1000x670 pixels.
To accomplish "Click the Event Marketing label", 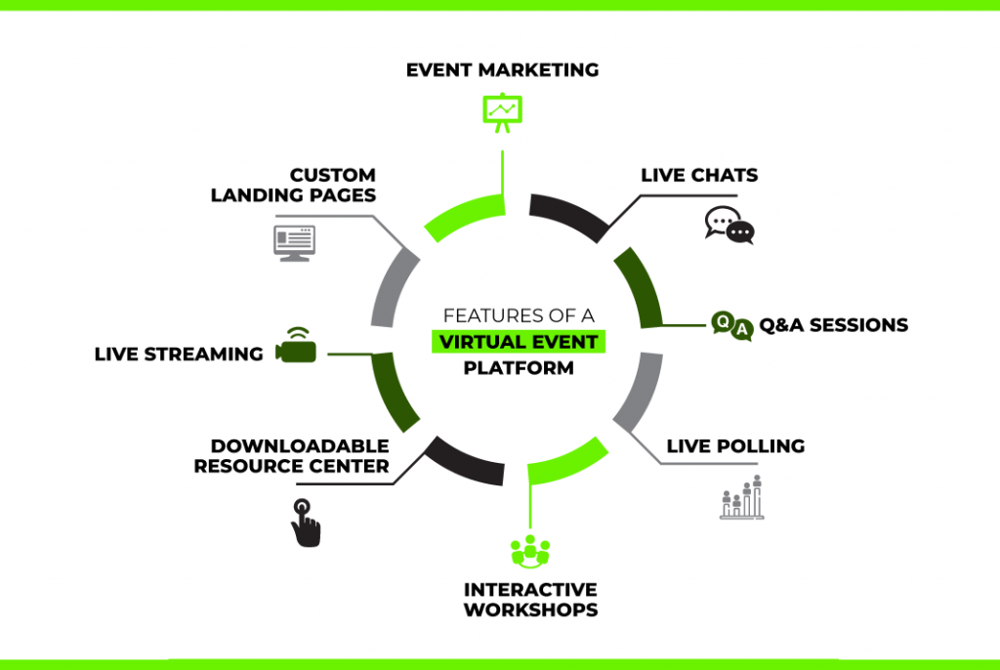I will (502, 69).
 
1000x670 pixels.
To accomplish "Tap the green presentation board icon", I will (503, 111).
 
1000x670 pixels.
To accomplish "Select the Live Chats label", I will (699, 176).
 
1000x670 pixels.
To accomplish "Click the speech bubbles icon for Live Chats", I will (729, 226).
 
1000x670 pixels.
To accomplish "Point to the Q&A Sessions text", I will (833, 325).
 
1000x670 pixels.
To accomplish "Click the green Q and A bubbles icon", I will (732, 325).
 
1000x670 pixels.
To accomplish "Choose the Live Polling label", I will (735, 446).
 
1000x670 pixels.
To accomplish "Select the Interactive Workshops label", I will (530, 600).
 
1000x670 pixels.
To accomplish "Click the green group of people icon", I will (530, 551).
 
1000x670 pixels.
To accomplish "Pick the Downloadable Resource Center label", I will (291, 456).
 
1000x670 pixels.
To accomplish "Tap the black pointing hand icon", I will (306, 523).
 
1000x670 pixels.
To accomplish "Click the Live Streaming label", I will (179, 354).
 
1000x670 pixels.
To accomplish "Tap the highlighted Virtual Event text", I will (519, 342).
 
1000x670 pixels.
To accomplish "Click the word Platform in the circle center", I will (519, 368).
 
